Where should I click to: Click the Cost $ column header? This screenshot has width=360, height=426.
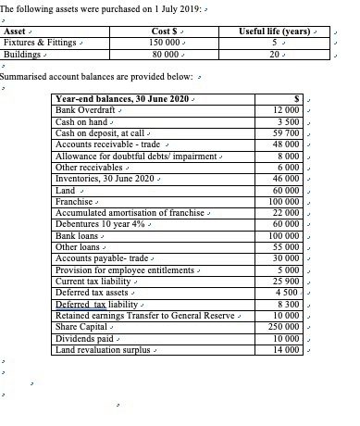click(x=163, y=31)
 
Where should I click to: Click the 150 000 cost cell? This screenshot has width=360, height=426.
click(x=163, y=44)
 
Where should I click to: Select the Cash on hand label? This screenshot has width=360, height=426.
click(x=82, y=121)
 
